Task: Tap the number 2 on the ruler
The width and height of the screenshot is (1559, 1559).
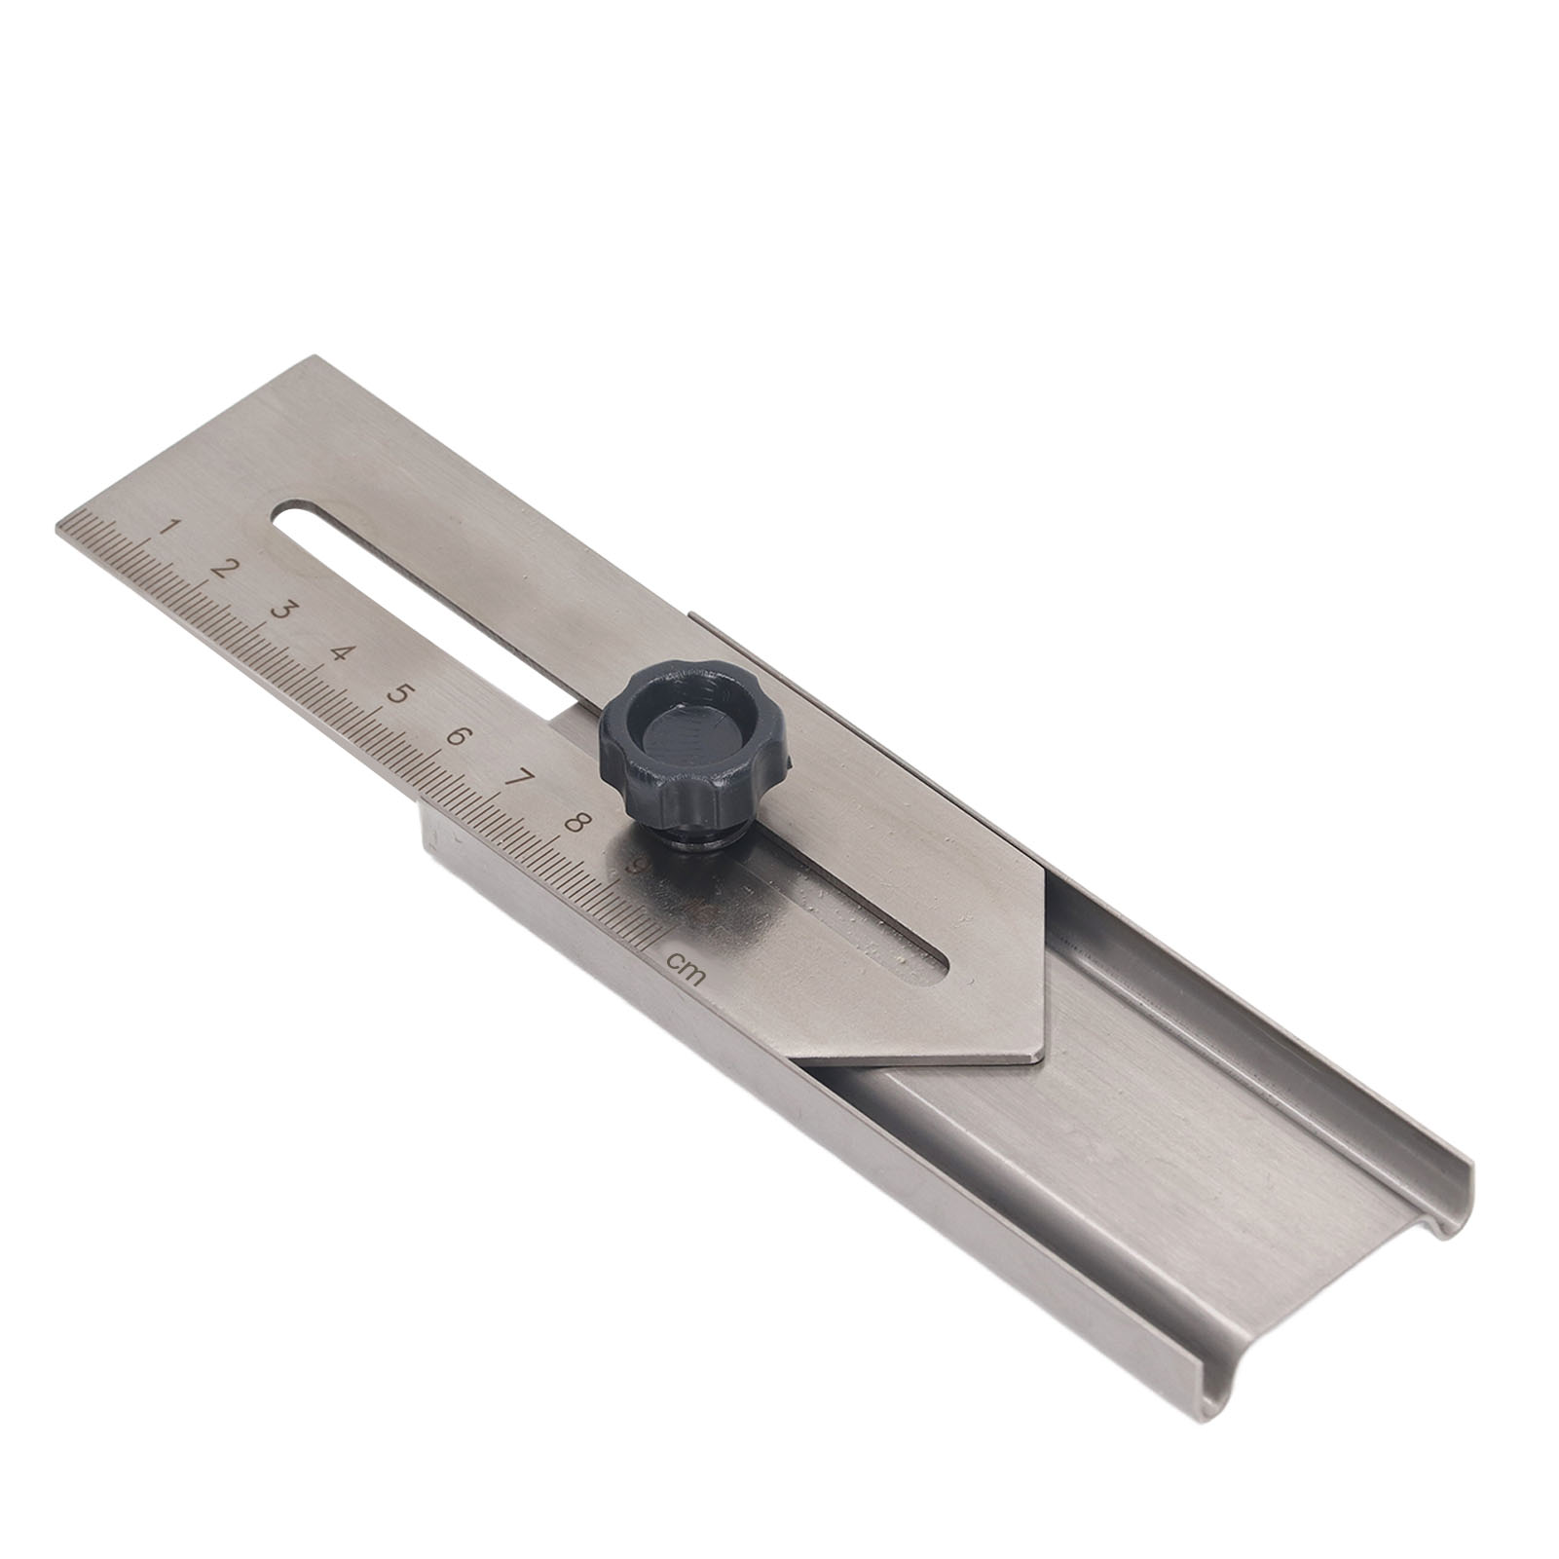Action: coord(226,569)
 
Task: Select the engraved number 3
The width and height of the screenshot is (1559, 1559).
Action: coord(283,611)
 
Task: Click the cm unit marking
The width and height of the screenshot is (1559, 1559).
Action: coord(684,967)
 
